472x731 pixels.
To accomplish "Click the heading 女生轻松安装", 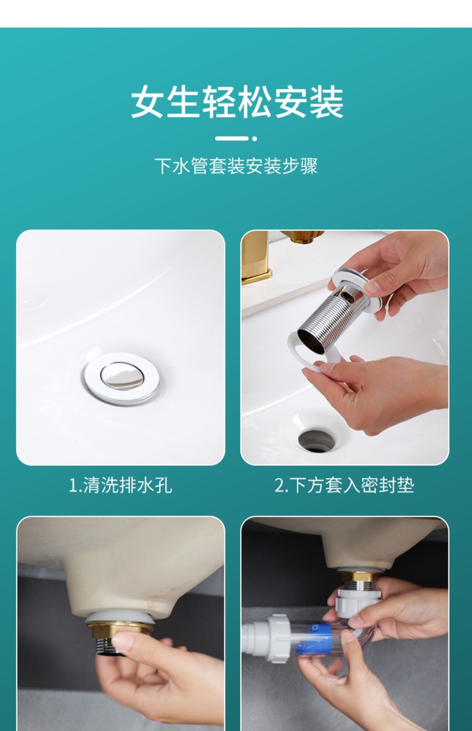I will click(237, 102).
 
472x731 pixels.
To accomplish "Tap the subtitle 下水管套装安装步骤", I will click(236, 166).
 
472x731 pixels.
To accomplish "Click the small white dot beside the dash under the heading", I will click(255, 139).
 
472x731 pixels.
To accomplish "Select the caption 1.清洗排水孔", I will click(120, 485).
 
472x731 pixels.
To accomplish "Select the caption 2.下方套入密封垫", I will click(344, 485).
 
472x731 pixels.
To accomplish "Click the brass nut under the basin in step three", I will click(120, 628).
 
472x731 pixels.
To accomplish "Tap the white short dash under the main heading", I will click(231, 139).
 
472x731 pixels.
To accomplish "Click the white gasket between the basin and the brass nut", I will click(120, 617).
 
